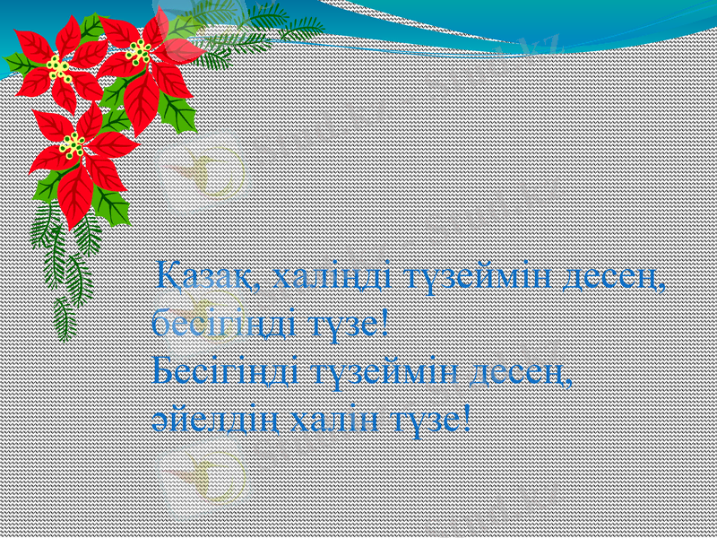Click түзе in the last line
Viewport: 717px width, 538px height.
pyautogui.click(x=426, y=416)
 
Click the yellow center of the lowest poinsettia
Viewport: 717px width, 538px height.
pyautogui.click(x=72, y=144)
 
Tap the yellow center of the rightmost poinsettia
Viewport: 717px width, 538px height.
pyautogui.click(x=138, y=51)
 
